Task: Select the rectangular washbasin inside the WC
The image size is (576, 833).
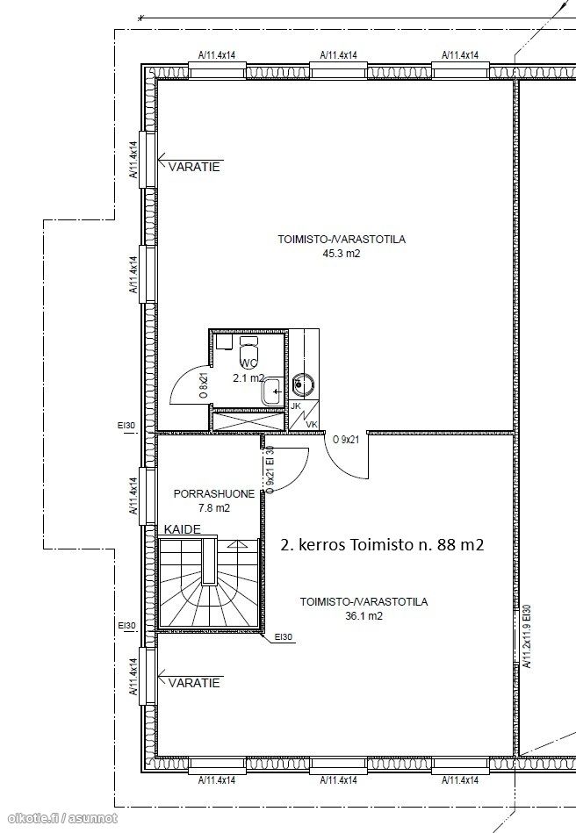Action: pyautogui.click(x=273, y=392)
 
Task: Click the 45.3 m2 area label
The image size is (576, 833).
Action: pyautogui.click(x=342, y=254)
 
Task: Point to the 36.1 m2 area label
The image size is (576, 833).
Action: pyautogui.click(x=364, y=616)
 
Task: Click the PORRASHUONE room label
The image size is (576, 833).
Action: pyautogui.click(x=214, y=494)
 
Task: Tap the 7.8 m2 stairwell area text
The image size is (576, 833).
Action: pyautogui.click(x=214, y=508)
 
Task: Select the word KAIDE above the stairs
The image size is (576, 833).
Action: pyautogui.click(x=183, y=529)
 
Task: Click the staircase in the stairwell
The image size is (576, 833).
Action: pyautogui.click(x=209, y=583)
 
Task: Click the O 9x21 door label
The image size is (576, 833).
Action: pyautogui.click(x=347, y=440)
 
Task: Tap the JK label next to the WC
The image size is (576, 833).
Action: pyautogui.click(x=296, y=406)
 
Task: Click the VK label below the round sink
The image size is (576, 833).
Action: pyautogui.click(x=312, y=425)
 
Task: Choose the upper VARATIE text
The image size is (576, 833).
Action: pyautogui.click(x=194, y=168)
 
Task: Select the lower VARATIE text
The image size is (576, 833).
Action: pyautogui.click(x=194, y=683)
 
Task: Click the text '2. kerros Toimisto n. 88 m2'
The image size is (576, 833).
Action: pyautogui.click(x=382, y=544)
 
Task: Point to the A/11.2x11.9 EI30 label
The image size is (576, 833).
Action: pyautogui.click(x=527, y=636)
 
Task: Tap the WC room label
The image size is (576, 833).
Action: pyautogui.click(x=249, y=364)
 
